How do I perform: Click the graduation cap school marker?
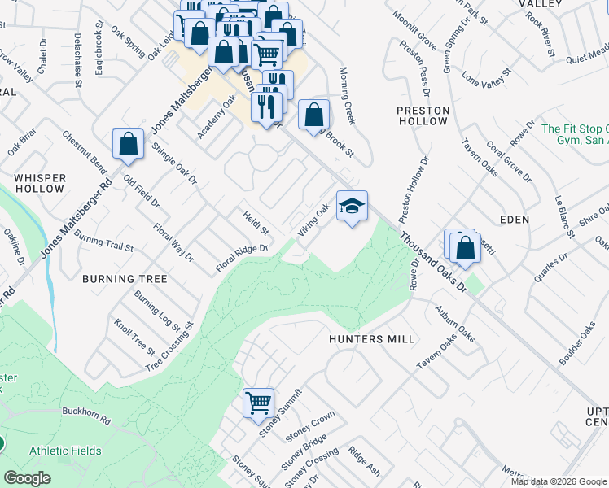[352, 207]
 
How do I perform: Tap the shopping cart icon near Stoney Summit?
[258, 403]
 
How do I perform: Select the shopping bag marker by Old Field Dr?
[128, 145]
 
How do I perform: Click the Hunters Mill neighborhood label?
[372, 339]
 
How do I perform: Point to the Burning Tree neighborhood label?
[125, 279]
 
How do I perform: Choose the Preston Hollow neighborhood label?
[422, 115]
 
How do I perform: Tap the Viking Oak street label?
[314, 221]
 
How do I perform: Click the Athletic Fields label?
[65, 451]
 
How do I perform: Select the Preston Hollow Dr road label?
[414, 190]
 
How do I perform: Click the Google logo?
[28, 478]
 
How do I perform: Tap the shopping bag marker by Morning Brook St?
[313, 115]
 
